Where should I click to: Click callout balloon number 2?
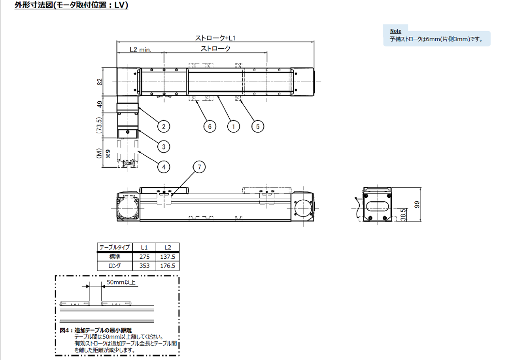(164, 127)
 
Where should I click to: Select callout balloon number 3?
(164, 146)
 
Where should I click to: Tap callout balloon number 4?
(164, 167)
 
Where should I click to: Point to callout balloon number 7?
(199, 167)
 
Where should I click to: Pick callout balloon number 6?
(210, 127)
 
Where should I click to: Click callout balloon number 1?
(234, 127)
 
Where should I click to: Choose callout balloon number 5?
(258, 127)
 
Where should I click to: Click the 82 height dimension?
(100, 82)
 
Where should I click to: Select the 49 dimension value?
(100, 104)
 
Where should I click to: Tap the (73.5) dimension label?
(99, 125)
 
